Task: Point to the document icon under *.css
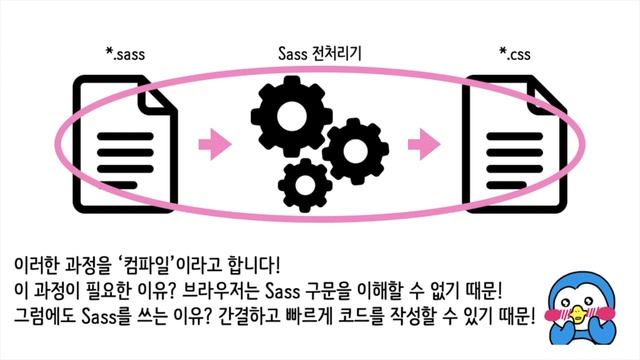512,141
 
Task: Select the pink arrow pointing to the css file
429,146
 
